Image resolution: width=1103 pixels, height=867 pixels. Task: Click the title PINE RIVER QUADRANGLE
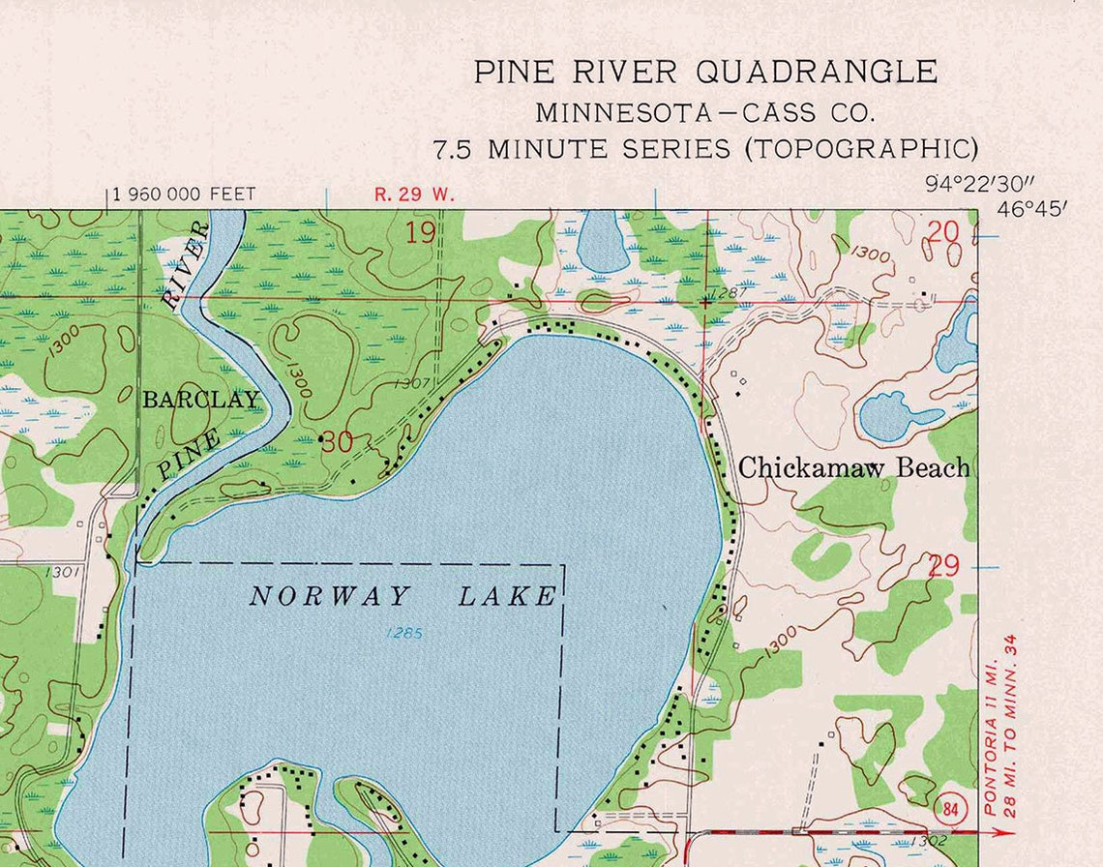pyautogui.click(x=705, y=72)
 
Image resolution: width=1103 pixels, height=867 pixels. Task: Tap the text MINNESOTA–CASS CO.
pyautogui.click(x=705, y=112)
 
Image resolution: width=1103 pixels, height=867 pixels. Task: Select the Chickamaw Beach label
pyautogui.click(x=853, y=468)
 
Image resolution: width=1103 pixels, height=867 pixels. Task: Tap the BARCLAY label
pyautogui.click(x=201, y=400)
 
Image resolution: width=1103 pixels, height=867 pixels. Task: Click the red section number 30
pyautogui.click(x=338, y=443)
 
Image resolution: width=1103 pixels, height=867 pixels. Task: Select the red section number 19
pyautogui.click(x=421, y=232)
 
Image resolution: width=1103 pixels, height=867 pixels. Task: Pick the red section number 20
pyautogui.click(x=942, y=231)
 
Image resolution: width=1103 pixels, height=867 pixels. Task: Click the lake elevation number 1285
pyautogui.click(x=403, y=634)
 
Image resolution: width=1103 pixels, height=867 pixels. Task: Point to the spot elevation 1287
pyautogui.click(x=728, y=291)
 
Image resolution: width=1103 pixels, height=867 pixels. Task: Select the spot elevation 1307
pyautogui.click(x=412, y=384)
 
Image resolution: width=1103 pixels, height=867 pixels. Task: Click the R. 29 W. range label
pyautogui.click(x=414, y=194)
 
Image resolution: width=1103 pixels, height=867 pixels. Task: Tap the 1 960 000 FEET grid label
pyautogui.click(x=185, y=194)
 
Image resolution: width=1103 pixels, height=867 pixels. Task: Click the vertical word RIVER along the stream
pyautogui.click(x=186, y=264)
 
